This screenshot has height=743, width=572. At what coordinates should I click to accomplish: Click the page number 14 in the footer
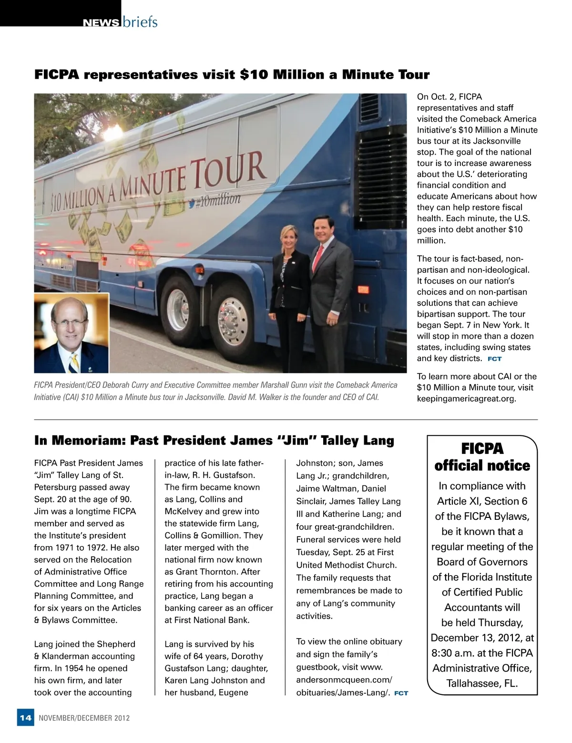tap(25, 718)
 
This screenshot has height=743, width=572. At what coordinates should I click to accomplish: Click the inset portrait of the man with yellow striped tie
tap(71, 332)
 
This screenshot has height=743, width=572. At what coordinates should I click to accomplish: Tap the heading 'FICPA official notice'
tap(482, 457)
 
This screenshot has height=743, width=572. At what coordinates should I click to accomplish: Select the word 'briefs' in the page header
tap(140, 22)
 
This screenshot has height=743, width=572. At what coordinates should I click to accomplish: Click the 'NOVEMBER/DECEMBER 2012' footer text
tap(84, 718)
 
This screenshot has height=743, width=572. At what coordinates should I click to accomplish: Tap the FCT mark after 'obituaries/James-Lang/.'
tap(401, 693)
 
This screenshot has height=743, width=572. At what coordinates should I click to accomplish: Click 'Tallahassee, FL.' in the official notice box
tap(482, 683)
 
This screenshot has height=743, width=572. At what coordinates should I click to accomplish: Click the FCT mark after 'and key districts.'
tap(494, 359)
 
